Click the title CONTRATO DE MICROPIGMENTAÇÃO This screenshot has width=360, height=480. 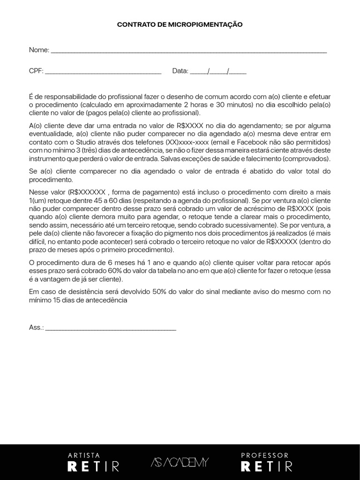click(x=180, y=24)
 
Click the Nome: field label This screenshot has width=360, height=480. click(x=39, y=50)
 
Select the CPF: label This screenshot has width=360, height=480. click(x=36, y=71)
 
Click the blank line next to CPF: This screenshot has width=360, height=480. click(x=103, y=73)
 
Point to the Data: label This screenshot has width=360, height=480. click(x=180, y=71)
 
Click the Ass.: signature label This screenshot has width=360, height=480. click(x=36, y=328)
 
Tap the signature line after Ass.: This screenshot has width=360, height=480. click(x=111, y=330)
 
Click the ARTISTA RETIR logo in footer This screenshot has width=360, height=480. click(x=93, y=462)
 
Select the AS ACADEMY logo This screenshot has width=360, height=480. click(x=180, y=462)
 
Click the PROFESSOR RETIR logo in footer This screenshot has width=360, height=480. click(x=266, y=462)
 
